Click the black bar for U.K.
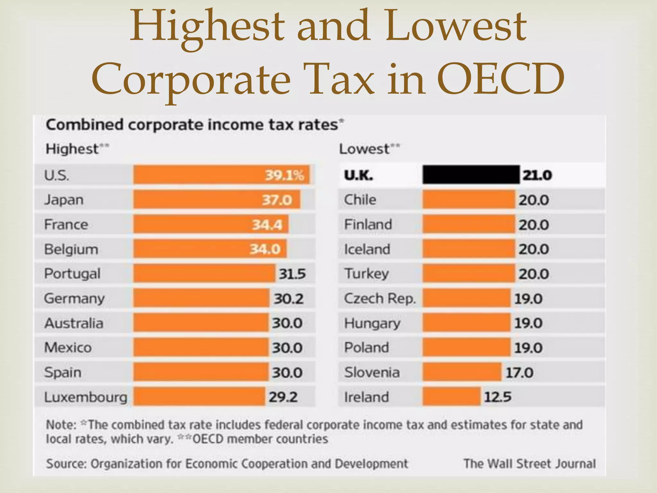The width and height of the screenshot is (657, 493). click(471, 175)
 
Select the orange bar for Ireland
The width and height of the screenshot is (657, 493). click(451, 397)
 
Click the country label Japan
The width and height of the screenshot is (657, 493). click(64, 200)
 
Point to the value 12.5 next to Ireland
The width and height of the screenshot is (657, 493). click(497, 397)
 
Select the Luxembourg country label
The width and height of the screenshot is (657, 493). click(86, 397)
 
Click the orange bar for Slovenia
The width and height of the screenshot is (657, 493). click(462, 372)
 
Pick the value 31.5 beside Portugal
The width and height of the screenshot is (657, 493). click(292, 274)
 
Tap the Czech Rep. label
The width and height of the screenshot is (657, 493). click(380, 298)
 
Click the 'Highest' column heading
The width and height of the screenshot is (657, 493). click(72, 149)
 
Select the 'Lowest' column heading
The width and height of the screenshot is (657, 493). click(364, 149)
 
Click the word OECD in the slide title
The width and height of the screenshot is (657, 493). click(500, 79)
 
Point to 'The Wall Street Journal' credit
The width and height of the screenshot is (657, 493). click(530, 464)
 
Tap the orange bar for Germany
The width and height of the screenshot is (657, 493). click(201, 298)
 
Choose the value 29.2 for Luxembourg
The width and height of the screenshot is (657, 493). click(283, 397)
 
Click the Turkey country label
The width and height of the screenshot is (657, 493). click(366, 274)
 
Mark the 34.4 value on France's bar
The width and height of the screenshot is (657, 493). click(267, 225)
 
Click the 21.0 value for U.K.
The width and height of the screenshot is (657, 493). click(537, 175)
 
